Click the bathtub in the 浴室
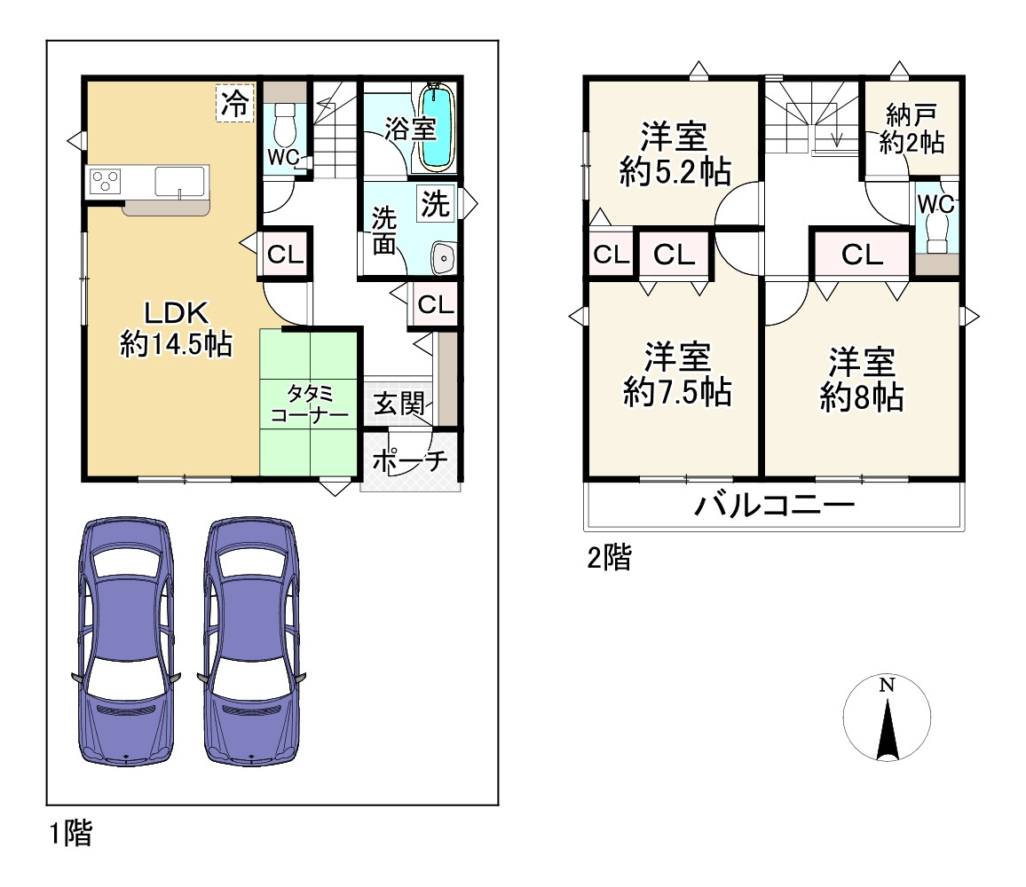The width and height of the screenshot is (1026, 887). coord(437,127)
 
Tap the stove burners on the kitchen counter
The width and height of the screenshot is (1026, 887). coord(106,181)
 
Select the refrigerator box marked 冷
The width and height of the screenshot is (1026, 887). coord(234,104)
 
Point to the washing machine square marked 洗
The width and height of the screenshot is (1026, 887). coord(436,203)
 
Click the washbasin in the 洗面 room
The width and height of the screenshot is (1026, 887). coord(445,258)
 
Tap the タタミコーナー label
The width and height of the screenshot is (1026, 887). coord(310,404)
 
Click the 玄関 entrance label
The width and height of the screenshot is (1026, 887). coord(399,404)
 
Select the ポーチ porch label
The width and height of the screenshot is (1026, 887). coord(410,461)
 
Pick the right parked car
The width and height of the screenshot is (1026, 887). coord(251,641)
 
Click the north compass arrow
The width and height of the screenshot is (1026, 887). coord(888,729)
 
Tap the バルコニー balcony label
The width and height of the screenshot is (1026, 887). coord(775,505)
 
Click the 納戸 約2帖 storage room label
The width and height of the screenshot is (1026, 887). coord(912,129)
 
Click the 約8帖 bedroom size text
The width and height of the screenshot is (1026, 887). coord(863,397)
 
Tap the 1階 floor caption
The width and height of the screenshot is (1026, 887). coord(71,834)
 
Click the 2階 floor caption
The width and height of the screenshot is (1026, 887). coord(609,558)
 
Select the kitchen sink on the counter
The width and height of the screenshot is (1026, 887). coord(180,181)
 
